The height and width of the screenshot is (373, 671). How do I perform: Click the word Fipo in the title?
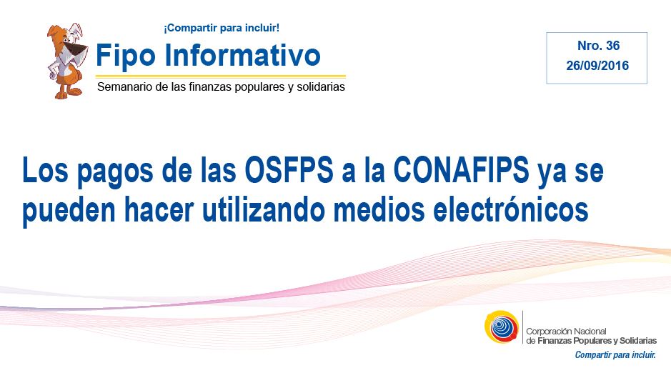click(x=125, y=56)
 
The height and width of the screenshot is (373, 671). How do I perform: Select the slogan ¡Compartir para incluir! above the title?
click(x=222, y=29)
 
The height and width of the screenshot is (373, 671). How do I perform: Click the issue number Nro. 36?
click(x=598, y=46)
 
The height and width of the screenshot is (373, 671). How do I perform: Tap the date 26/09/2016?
click(x=597, y=66)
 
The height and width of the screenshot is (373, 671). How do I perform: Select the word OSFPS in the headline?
click(x=289, y=169)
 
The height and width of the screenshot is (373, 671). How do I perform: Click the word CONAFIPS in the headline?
click(x=462, y=169)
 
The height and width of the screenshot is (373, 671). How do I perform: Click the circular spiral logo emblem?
click(x=502, y=327)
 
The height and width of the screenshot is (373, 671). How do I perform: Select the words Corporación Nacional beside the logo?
click(x=566, y=331)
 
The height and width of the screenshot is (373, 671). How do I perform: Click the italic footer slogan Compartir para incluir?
click(x=615, y=354)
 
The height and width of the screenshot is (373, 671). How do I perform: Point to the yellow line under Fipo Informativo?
click(x=220, y=76)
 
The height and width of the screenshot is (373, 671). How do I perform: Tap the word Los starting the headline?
click(x=45, y=169)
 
